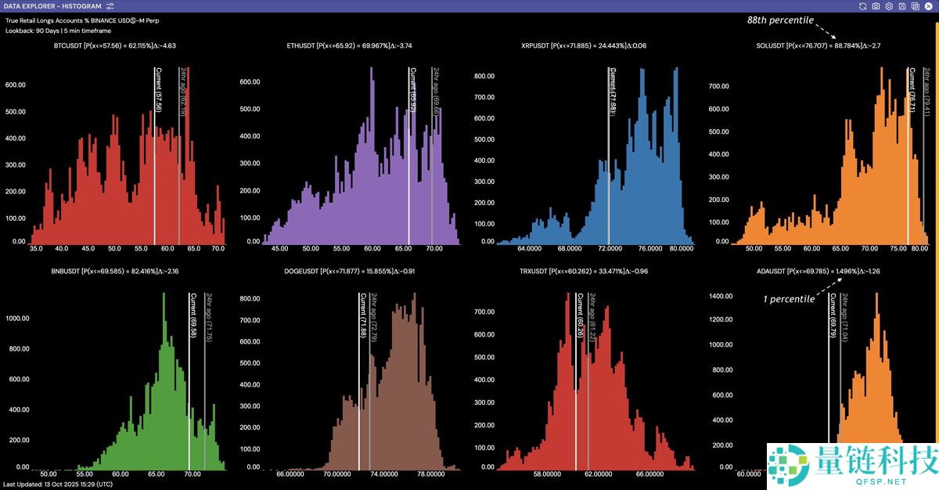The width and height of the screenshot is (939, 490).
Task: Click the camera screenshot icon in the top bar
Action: pyautogui.click(x=876, y=6)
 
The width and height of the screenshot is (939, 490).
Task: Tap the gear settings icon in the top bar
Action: pyautogui.click(x=889, y=6)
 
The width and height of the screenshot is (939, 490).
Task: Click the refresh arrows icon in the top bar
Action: pyautogui.click(x=862, y=6)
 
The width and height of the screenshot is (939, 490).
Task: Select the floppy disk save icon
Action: pyautogui.click(x=902, y=6)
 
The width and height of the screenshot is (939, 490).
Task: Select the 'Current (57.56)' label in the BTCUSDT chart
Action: pyautogui.click(x=159, y=89)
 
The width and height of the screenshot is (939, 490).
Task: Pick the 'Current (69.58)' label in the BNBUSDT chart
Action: pyautogui.click(x=193, y=315)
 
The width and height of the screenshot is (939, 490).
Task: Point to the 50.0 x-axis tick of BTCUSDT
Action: pyautogui.click(x=114, y=248)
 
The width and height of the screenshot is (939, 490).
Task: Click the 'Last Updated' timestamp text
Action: pyautogui.click(x=58, y=485)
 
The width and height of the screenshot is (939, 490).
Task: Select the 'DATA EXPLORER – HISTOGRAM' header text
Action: pyautogui.click(x=52, y=6)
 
